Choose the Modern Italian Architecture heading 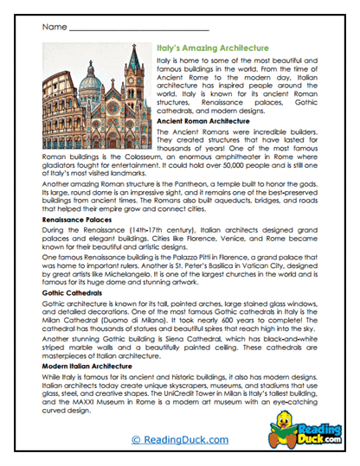[x=87, y=366]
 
